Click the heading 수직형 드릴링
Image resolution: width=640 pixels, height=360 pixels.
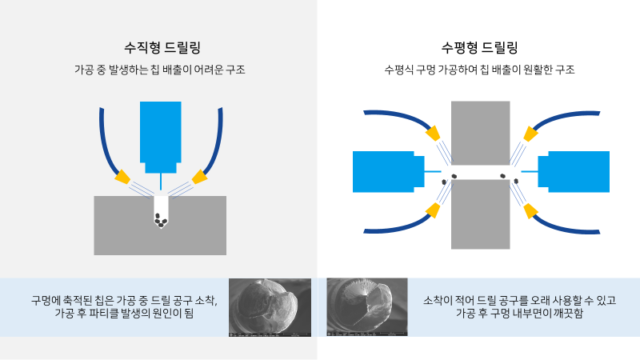(159, 47)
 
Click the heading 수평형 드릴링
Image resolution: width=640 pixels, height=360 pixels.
(479, 47)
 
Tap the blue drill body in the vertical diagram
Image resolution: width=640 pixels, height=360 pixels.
(160, 132)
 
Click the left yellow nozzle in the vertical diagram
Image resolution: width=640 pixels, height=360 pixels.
(123, 176)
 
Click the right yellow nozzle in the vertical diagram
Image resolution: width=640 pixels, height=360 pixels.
(196, 176)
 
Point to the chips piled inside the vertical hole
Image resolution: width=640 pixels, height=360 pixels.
(160, 220)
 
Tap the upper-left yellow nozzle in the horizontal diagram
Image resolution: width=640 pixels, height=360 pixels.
(433, 132)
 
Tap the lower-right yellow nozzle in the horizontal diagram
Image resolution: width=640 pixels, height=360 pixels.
(529, 210)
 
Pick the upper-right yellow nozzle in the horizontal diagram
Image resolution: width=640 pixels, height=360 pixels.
(529, 132)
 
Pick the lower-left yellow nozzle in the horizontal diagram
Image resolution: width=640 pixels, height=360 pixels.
(433, 210)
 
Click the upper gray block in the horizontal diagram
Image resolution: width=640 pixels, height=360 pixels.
(480, 132)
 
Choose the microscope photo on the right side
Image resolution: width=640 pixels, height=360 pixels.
(367, 307)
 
